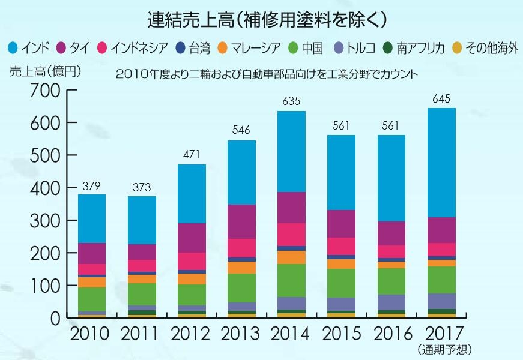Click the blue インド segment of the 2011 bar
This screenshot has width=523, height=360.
(x=141, y=220)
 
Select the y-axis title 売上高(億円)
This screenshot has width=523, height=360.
(x=44, y=70)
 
